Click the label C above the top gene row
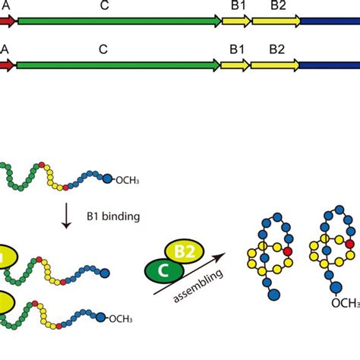tap(103, 5)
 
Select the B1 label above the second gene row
tap(236, 49)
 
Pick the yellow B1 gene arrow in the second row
tap(236, 66)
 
